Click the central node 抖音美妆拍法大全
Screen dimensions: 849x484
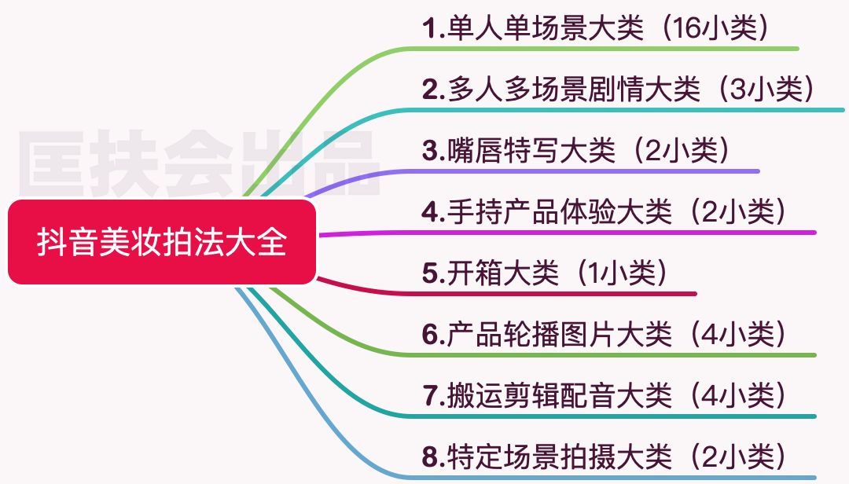click(161, 242)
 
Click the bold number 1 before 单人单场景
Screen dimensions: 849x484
click(429, 29)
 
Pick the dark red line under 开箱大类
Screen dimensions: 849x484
click(550, 294)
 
